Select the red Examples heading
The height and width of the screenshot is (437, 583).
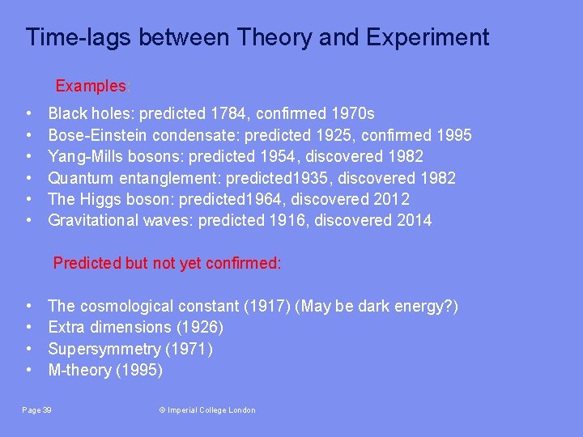[x=91, y=86]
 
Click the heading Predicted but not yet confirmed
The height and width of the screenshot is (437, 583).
[x=167, y=263]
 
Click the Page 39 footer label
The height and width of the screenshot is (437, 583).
[x=37, y=410]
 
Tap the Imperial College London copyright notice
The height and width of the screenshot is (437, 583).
[x=206, y=410]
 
